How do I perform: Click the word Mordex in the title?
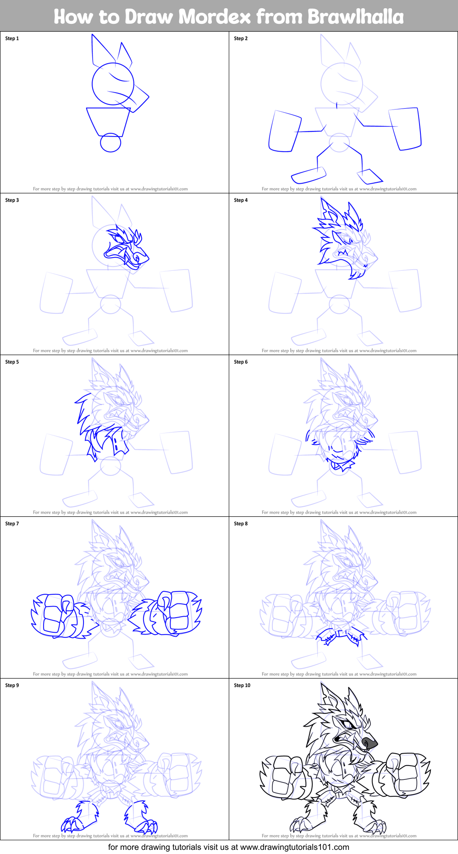point(215,17)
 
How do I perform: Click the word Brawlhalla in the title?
point(355,17)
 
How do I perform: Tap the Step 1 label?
point(12,38)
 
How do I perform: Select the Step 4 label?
point(241,200)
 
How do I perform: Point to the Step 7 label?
point(12,524)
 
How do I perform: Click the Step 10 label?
point(242,685)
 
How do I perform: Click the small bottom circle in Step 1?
point(110,142)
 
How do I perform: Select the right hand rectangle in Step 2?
point(404,129)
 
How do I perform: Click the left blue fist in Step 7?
point(57,616)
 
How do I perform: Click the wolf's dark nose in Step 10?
point(369,742)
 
